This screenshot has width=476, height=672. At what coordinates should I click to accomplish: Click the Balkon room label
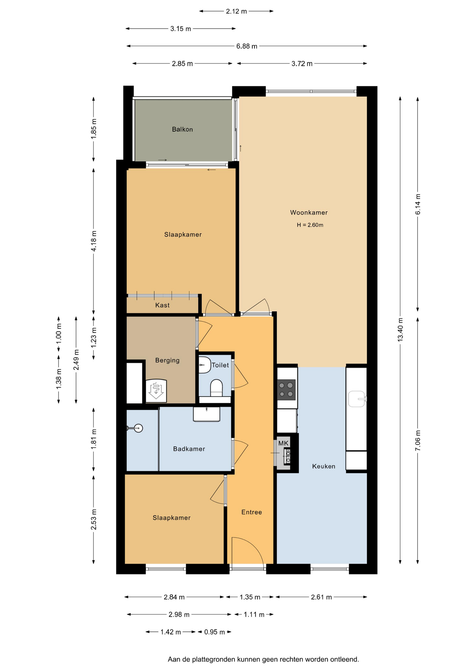(182, 129)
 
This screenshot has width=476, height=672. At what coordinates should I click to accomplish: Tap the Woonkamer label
(309, 212)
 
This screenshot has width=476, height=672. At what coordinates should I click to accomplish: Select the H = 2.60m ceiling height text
(310, 225)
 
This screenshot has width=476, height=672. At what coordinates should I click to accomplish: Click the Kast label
(162, 305)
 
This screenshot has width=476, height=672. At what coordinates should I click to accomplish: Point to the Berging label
(167, 360)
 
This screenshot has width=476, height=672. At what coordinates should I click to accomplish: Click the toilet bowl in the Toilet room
(216, 388)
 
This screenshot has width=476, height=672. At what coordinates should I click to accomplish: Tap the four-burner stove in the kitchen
(286, 390)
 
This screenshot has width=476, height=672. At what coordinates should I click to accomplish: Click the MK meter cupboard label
(283, 443)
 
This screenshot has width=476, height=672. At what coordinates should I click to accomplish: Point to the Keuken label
(324, 466)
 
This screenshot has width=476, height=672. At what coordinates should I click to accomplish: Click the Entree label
(252, 512)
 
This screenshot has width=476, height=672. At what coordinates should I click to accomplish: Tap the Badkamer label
(189, 449)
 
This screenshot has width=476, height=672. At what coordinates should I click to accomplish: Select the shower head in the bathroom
(138, 428)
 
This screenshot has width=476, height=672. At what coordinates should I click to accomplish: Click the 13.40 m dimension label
(400, 330)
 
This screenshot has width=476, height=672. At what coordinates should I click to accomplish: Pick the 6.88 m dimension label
(247, 46)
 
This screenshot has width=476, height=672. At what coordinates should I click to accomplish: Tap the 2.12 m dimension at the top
(236, 11)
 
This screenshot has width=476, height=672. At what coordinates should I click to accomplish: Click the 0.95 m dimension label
(215, 632)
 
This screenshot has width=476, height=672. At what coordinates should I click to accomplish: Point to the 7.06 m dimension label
(418, 441)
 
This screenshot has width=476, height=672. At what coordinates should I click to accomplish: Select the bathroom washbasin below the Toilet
(207, 414)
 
